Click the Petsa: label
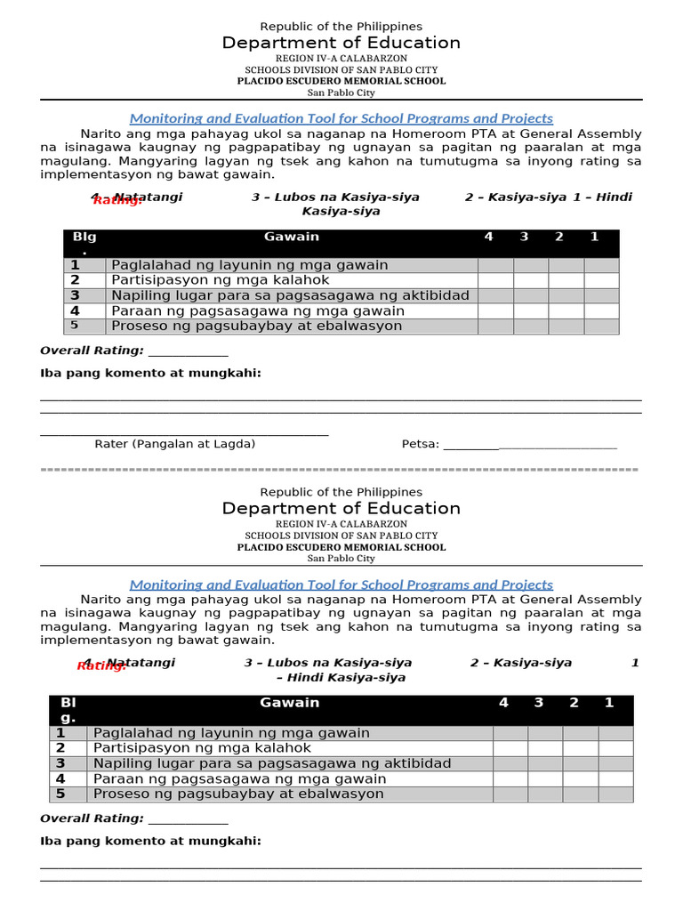click(421, 444)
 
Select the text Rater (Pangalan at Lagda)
click(175, 444)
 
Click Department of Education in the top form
click(341, 44)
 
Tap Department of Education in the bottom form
click(341, 509)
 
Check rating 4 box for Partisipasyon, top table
click(495, 280)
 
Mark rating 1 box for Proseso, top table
click(600, 327)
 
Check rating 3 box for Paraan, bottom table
click(545, 778)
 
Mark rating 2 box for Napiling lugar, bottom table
click(580, 763)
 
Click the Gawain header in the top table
click(292, 237)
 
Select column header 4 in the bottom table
click(503, 703)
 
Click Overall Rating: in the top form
click(92, 351)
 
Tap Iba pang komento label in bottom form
click(151, 841)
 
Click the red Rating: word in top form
click(117, 201)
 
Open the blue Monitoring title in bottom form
click(341, 584)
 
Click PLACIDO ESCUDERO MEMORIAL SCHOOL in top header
click(341, 81)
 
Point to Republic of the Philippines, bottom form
click(341, 492)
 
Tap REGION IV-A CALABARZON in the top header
click(341, 58)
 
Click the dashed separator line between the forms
click(341, 469)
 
